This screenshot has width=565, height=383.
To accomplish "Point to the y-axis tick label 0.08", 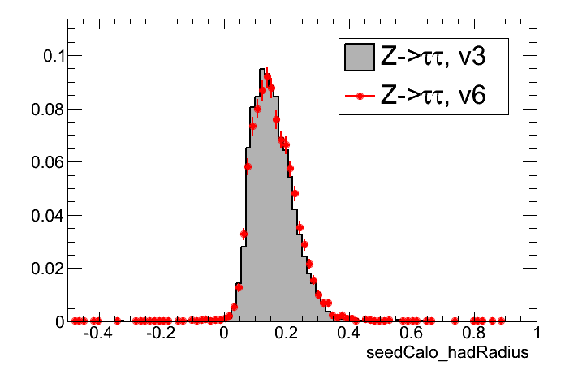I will point(45,109).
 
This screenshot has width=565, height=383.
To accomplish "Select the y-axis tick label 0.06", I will point(45,162).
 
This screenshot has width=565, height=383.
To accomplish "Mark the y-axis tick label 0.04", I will point(45,215).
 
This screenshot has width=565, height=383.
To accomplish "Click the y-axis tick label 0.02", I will point(45,269).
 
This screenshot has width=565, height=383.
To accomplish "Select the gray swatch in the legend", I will point(358,57).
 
